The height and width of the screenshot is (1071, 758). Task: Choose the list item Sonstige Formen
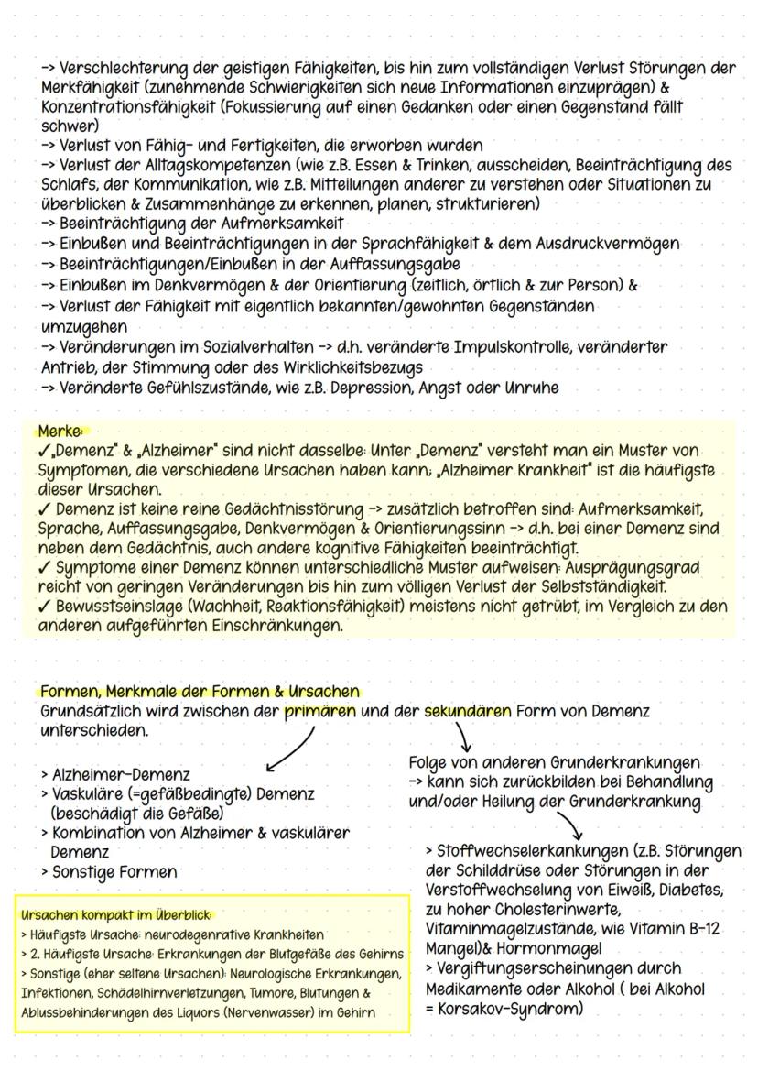point(109,871)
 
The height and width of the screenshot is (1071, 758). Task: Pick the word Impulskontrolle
point(482,347)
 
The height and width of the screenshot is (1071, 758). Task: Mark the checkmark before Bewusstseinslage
point(45,606)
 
